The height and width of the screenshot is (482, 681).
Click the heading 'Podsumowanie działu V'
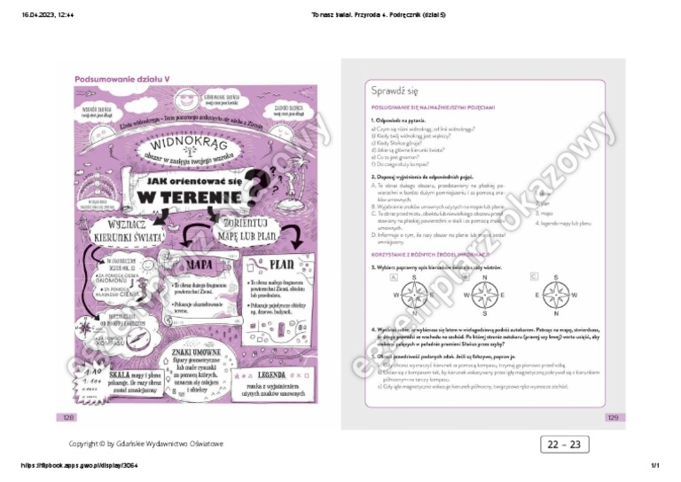(x=122, y=78)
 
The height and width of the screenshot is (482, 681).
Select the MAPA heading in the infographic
(x=198, y=265)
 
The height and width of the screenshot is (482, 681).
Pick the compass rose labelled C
(x=555, y=294)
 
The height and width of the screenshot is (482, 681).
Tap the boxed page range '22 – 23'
(x=563, y=444)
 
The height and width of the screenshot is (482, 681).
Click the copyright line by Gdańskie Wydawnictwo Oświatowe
(x=146, y=443)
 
